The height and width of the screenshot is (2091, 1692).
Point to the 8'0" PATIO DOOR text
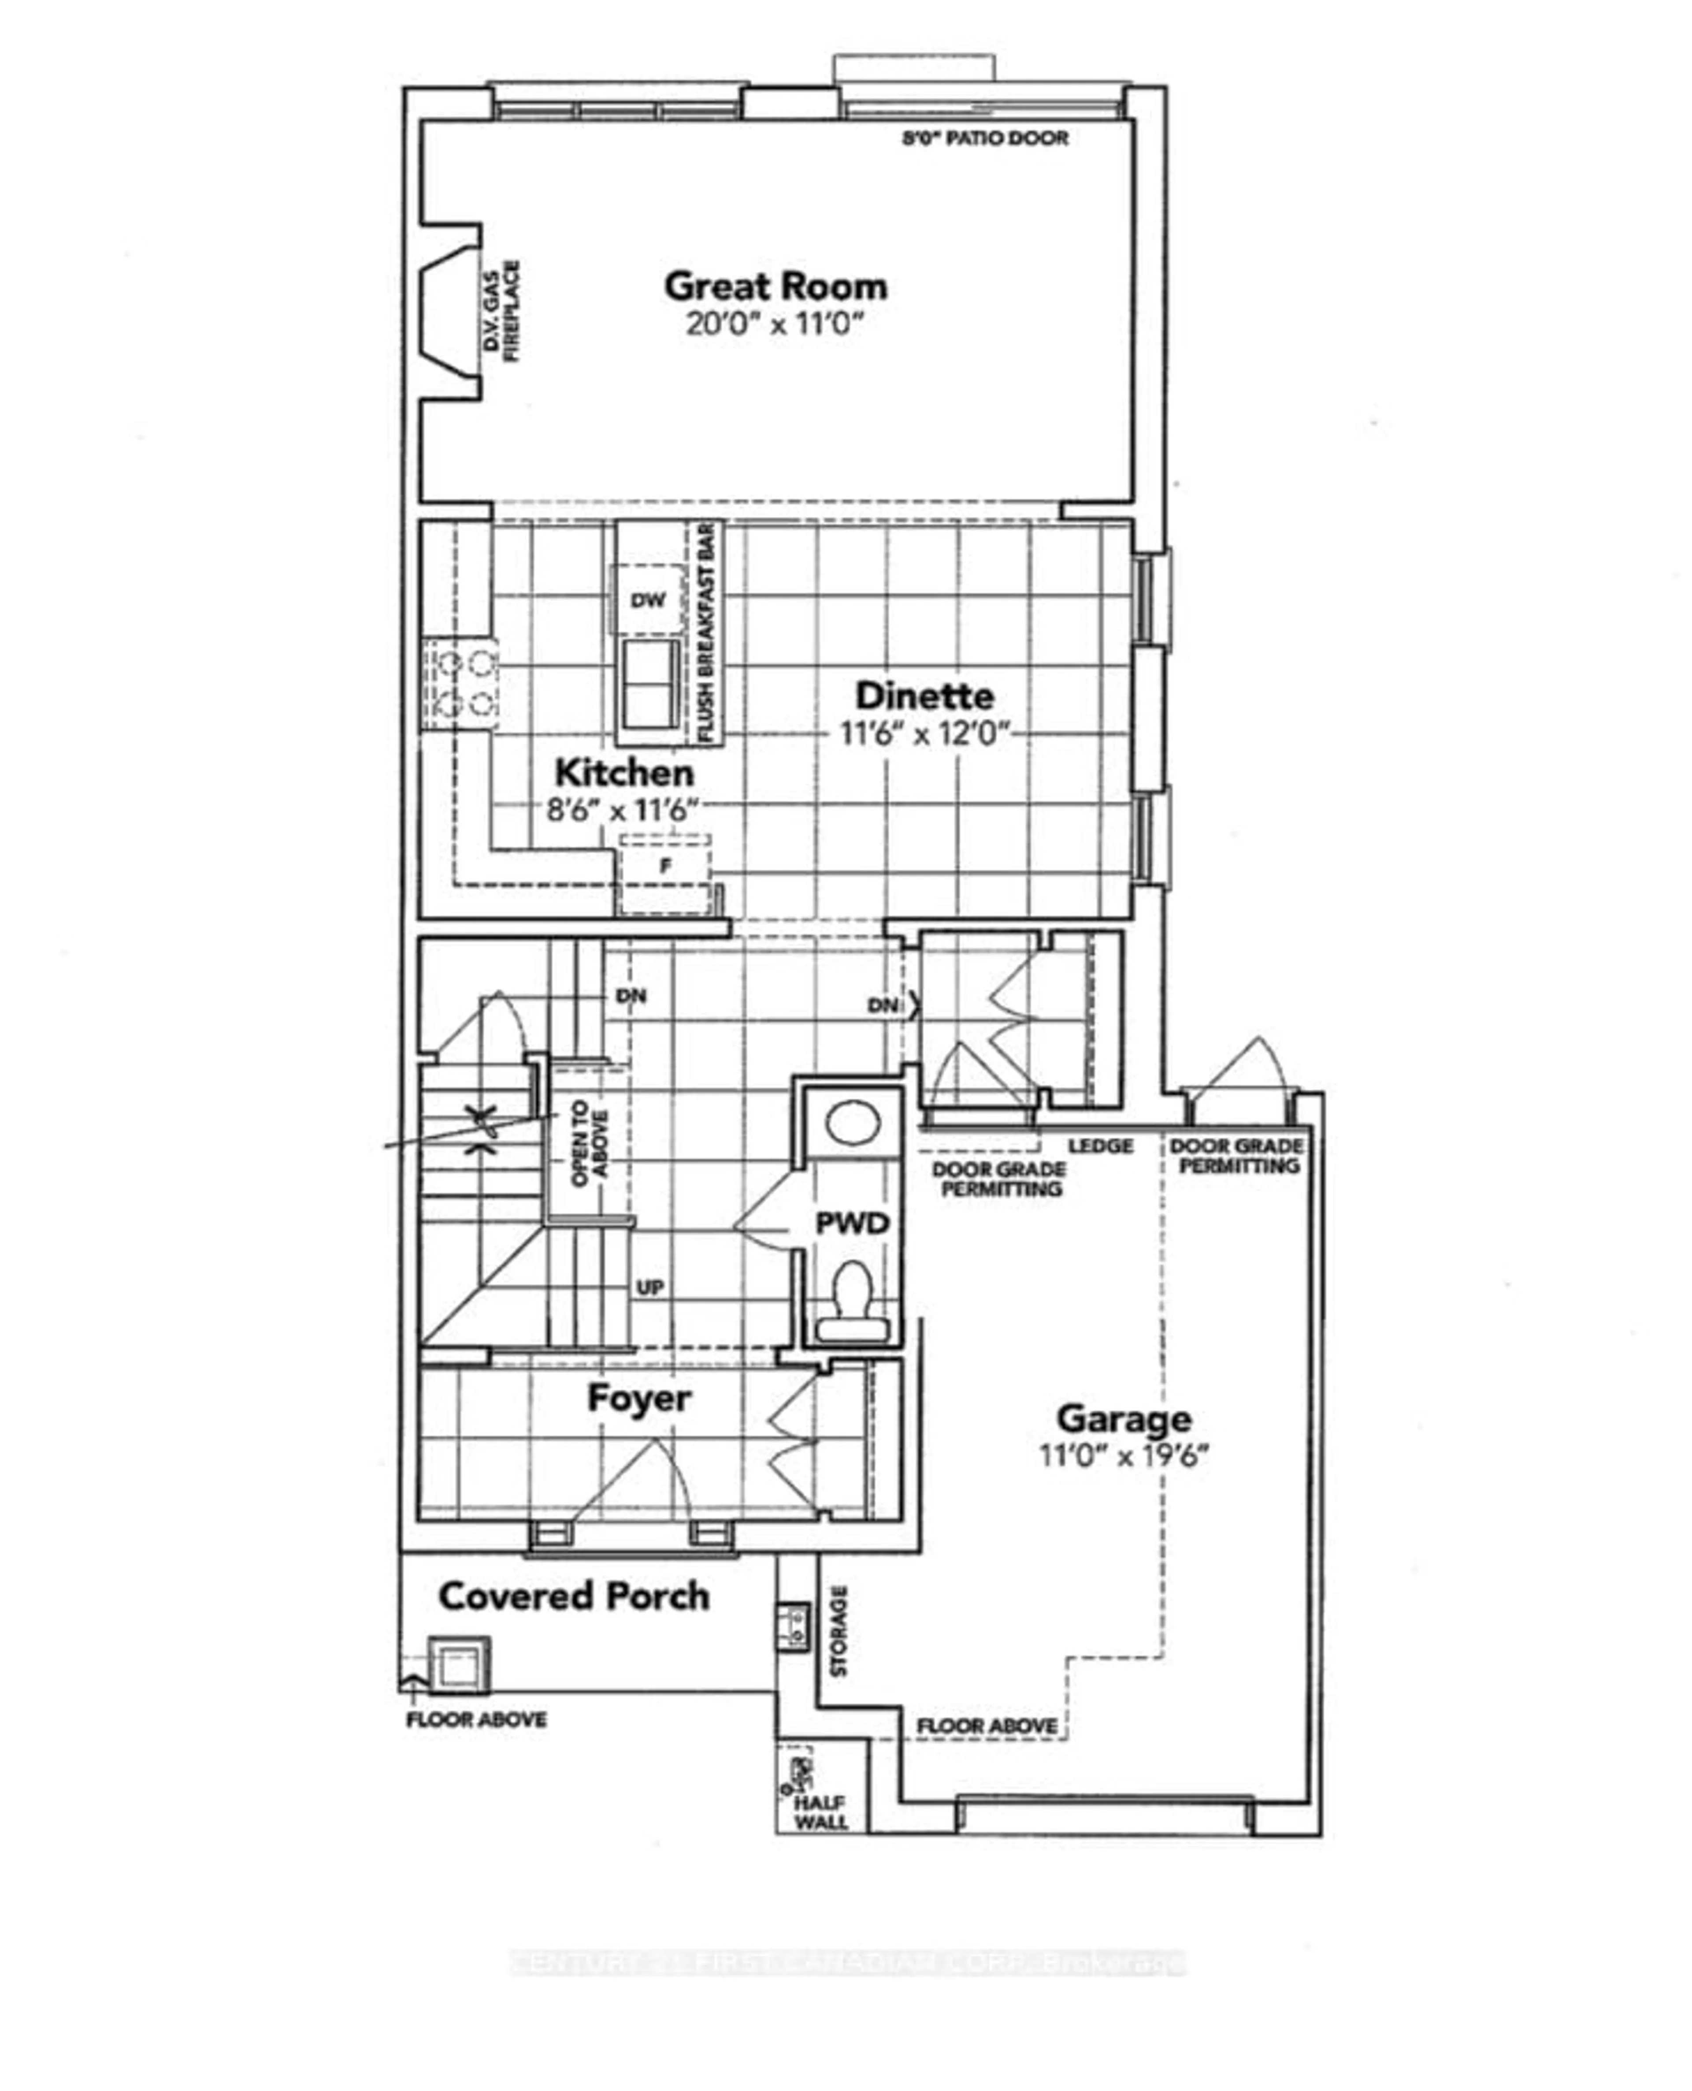(984, 138)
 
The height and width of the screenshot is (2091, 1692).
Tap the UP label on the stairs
(650, 1287)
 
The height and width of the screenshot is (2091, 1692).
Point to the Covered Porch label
(573, 1596)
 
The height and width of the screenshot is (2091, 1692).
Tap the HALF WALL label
(820, 1813)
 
